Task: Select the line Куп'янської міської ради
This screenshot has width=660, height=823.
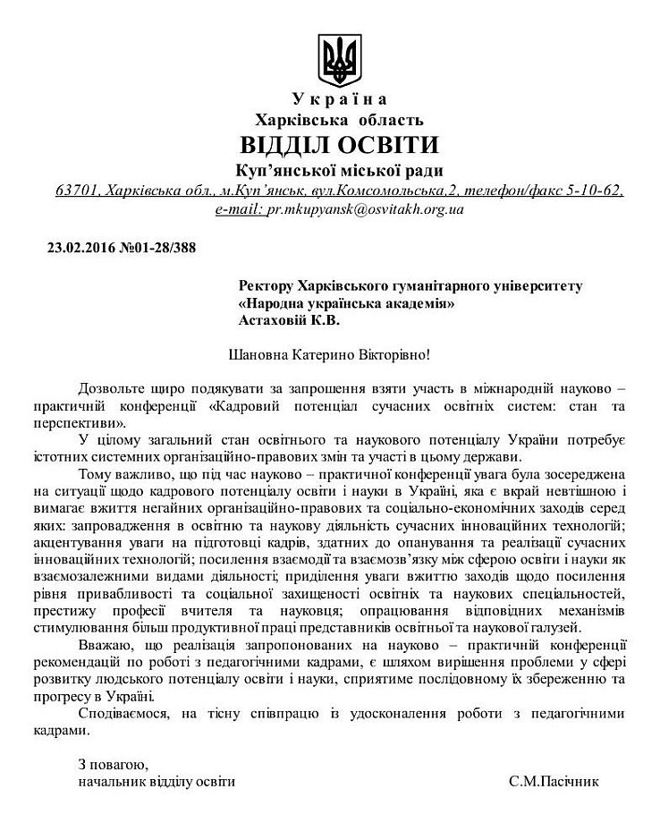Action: [339, 170]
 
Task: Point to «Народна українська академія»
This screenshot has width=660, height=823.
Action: [346, 302]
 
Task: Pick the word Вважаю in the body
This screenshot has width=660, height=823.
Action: [105, 645]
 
